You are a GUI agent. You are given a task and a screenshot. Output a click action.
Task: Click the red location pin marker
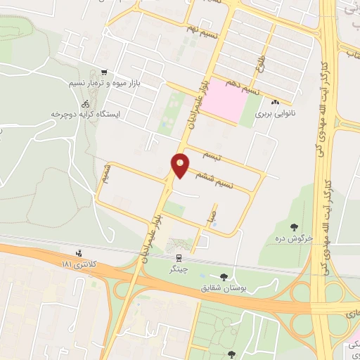click(181, 165)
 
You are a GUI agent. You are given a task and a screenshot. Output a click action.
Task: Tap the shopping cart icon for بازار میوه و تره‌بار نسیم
click(104, 72)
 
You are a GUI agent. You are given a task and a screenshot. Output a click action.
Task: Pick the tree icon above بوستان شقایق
click(223, 277)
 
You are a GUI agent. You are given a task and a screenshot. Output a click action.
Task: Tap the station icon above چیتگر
click(179, 257)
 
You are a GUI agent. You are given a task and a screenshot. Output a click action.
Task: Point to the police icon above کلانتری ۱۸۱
click(78, 252)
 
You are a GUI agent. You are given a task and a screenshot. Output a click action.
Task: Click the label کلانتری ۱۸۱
click(77, 263)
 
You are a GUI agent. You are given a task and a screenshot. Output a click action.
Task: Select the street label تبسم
click(211, 154)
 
